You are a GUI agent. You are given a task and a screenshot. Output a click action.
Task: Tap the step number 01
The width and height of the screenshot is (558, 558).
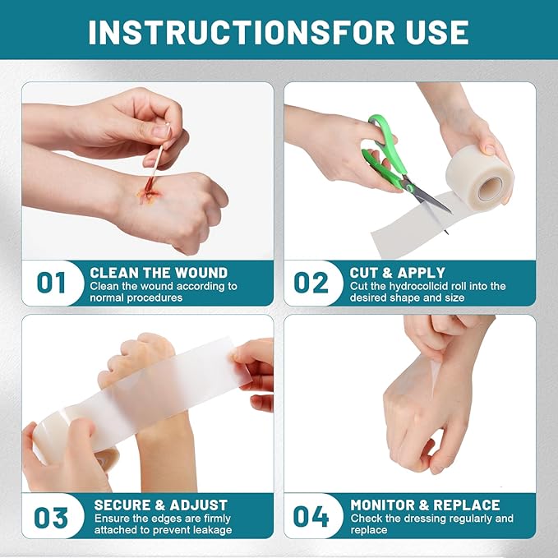[x=51, y=283]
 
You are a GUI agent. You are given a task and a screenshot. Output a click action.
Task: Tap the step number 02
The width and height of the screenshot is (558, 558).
[x=311, y=283]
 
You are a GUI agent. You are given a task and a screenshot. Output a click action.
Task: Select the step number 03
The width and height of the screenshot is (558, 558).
[x=51, y=517]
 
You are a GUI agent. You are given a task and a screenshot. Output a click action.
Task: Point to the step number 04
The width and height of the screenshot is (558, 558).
[x=311, y=517]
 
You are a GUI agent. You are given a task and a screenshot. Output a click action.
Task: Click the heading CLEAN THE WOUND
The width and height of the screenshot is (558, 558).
[x=159, y=272]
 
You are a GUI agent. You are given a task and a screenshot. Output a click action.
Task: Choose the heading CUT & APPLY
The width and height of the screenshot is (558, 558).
[x=398, y=272]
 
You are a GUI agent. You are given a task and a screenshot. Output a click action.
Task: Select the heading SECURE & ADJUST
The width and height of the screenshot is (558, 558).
[x=161, y=505]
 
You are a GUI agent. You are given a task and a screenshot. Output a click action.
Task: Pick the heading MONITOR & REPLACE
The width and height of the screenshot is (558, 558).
[x=425, y=505]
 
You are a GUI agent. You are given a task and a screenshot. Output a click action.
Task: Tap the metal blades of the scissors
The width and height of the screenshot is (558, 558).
[x=429, y=197]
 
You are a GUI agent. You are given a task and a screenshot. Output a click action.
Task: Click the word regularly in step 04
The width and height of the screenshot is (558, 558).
[x=466, y=519]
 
